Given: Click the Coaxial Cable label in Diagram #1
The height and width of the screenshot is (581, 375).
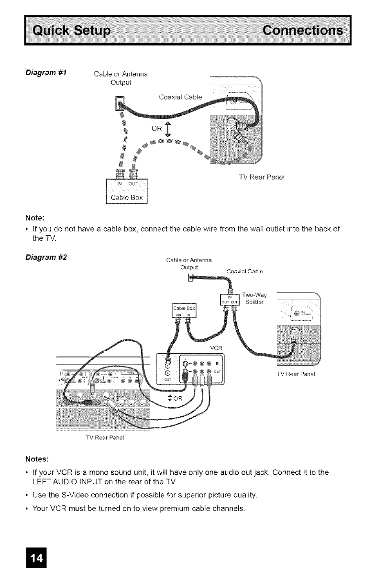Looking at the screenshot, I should point(180,97).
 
